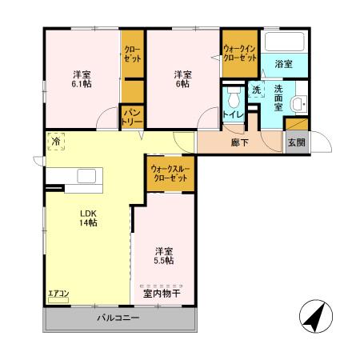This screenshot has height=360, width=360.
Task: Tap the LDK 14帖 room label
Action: click(x=87, y=217)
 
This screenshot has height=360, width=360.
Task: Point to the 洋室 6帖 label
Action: click(x=182, y=78)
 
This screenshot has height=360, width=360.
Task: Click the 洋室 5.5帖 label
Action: click(x=164, y=255)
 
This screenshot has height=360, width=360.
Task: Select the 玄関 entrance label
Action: click(x=296, y=142)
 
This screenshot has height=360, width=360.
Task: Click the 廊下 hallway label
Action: click(x=239, y=142)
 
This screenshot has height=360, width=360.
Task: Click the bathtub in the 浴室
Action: click(x=283, y=43)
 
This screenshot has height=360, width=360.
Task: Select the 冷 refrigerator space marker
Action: click(x=56, y=140)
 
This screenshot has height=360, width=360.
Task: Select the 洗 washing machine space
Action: click(x=257, y=90)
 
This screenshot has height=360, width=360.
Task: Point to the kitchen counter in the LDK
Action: click(x=80, y=177)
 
